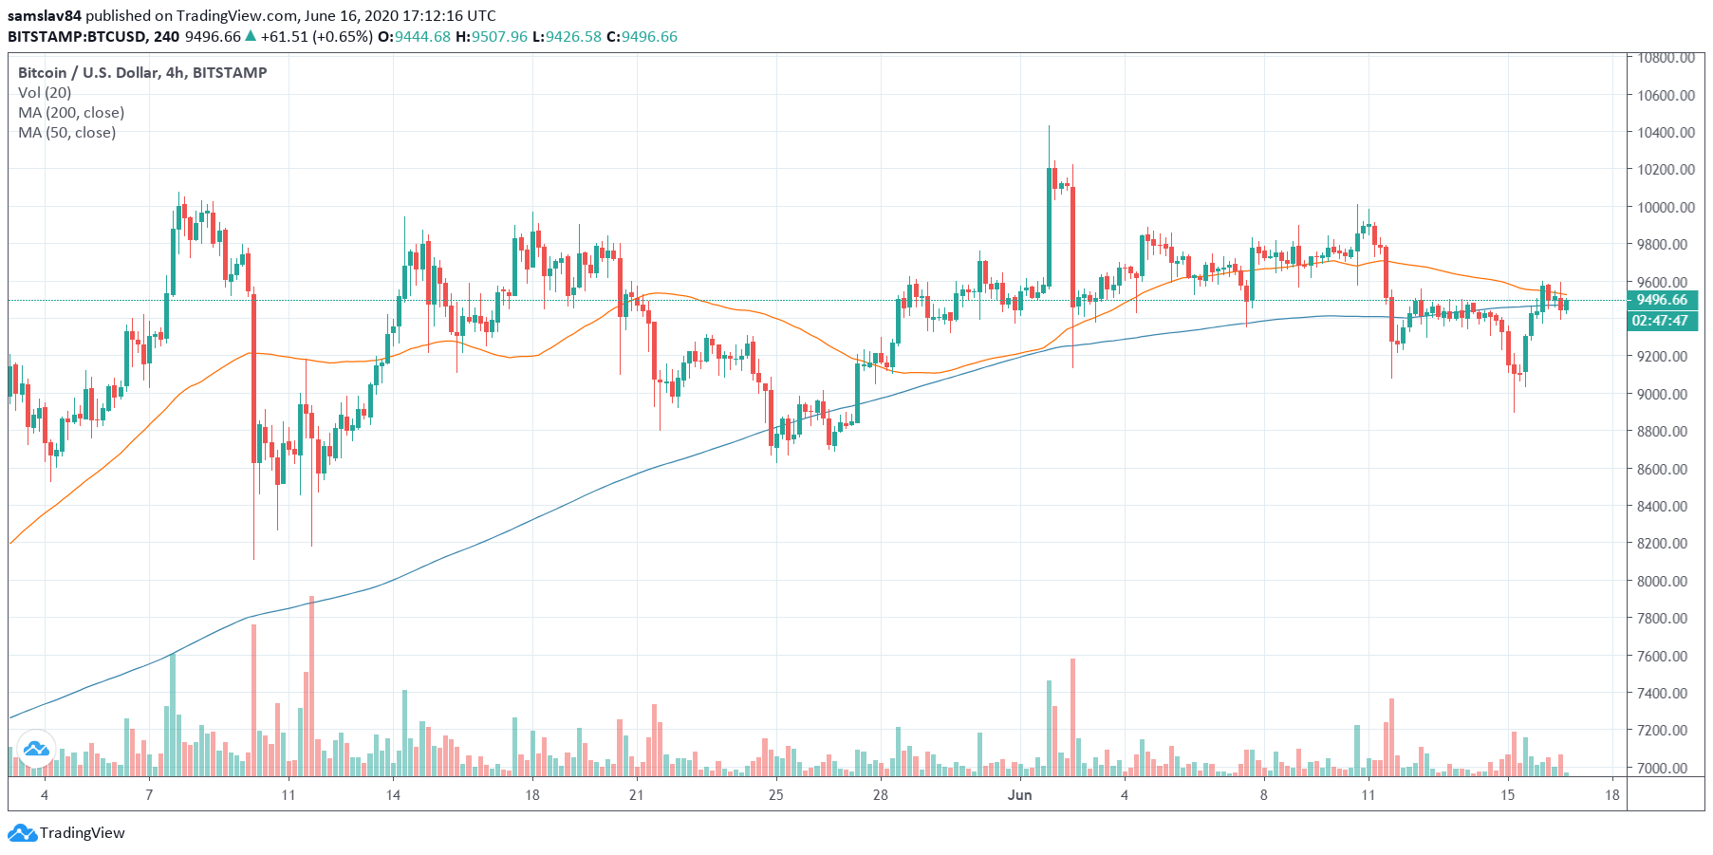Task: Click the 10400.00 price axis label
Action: pyautogui.click(x=1666, y=132)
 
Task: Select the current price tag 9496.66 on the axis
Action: pyautogui.click(x=1662, y=300)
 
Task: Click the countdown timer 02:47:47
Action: pyautogui.click(x=1660, y=321)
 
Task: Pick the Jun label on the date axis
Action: pyautogui.click(x=1019, y=794)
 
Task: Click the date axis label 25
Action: pyautogui.click(x=775, y=794)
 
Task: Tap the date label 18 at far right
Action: pyautogui.click(x=1611, y=794)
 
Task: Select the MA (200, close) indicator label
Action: pyautogui.click(x=71, y=112)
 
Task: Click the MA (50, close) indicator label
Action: pyautogui.click(x=67, y=132)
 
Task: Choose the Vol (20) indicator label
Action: pyautogui.click(x=45, y=92)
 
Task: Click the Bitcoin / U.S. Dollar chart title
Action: pyautogui.click(x=142, y=72)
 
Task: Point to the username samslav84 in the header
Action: pyautogui.click(x=44, y=15)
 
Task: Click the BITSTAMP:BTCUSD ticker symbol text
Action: pyautogui.click(x=78, y=36)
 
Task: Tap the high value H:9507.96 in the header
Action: pyautogui.click(x=491, y=36)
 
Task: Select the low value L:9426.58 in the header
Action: pyautogui.click(x=566, y=36)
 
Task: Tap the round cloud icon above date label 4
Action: pyautogui.click(x=36, y=749)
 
